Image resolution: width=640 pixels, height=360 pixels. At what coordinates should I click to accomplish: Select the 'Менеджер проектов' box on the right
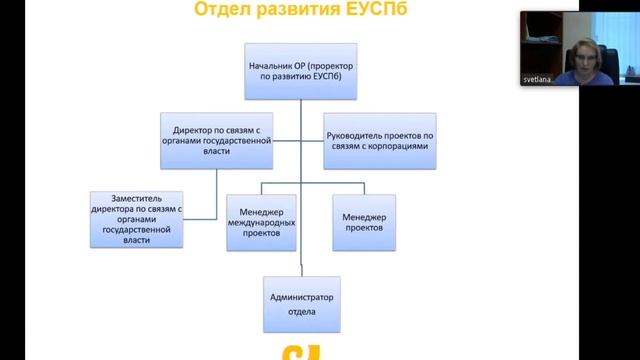click(364, 220)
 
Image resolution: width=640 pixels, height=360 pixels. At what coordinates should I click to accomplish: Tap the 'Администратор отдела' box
click(301, 304)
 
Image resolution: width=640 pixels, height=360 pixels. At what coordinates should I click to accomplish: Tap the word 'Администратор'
click(301, 298)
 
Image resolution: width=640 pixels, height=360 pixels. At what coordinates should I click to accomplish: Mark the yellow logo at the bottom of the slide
click(301, 352)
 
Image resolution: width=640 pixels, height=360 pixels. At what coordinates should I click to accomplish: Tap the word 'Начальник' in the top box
click(273, 65)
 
